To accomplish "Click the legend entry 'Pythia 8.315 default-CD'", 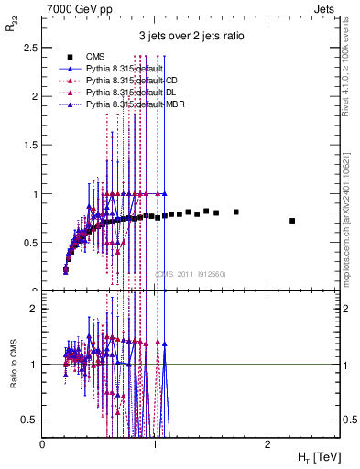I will [130, 81].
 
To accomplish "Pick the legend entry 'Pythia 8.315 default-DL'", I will [129, 93].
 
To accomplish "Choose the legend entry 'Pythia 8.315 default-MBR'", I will [132, 105].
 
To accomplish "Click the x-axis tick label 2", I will [267, 442].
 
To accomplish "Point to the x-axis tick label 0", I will [43, 442].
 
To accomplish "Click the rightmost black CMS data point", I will [292, 221].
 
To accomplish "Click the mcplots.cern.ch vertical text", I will [352, 198].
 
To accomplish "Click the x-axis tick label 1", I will [155, 442].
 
